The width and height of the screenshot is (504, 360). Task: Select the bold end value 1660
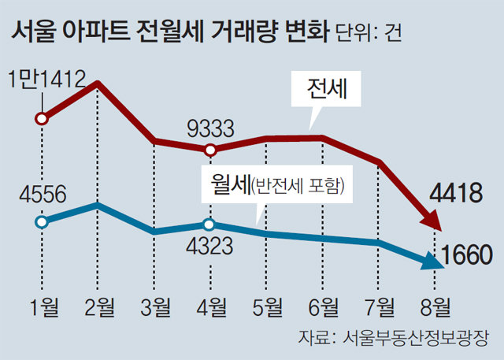coord(467,254)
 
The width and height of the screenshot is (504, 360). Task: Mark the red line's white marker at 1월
coord(43,120)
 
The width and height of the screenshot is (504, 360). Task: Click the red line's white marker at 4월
coord(210,150)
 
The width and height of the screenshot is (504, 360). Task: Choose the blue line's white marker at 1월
coord(43,221)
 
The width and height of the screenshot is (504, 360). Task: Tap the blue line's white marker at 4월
coord(210,225)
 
